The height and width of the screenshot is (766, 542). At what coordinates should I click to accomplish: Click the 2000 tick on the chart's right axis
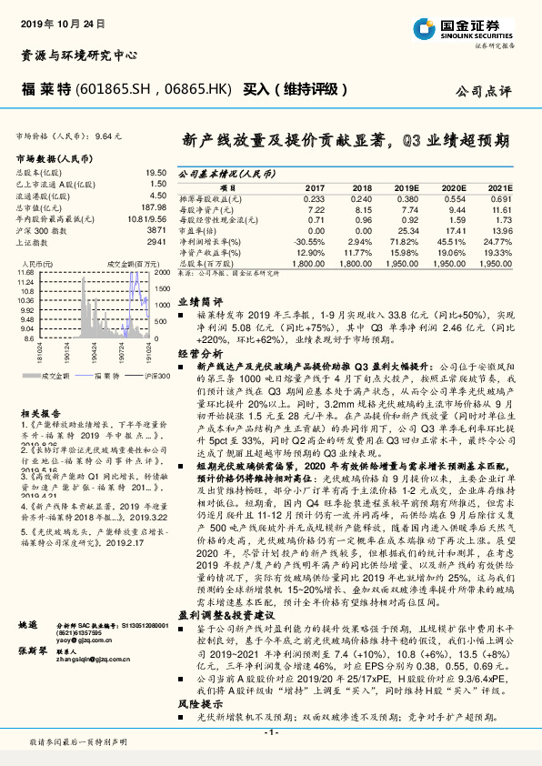[162, 272]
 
